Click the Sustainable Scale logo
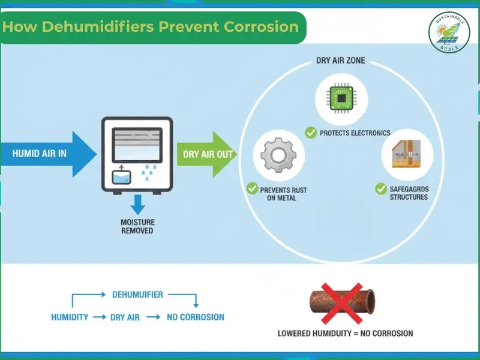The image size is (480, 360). tap(449, 32)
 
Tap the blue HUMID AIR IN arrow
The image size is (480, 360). tap(48, 154)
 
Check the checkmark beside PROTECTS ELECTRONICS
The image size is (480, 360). tap(310, 133)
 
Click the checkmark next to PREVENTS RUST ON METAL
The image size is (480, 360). tap(252, 189)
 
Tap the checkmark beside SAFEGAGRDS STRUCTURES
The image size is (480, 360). tap(381, 189)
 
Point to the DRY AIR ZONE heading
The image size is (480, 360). tap(340, 61)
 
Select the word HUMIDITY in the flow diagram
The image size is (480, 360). tap(70, 317)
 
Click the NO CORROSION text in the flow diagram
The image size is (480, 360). tap(195, 317)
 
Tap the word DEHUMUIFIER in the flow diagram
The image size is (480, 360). tap(137, 295)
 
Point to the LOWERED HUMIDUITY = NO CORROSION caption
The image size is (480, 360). tap(345, 334)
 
